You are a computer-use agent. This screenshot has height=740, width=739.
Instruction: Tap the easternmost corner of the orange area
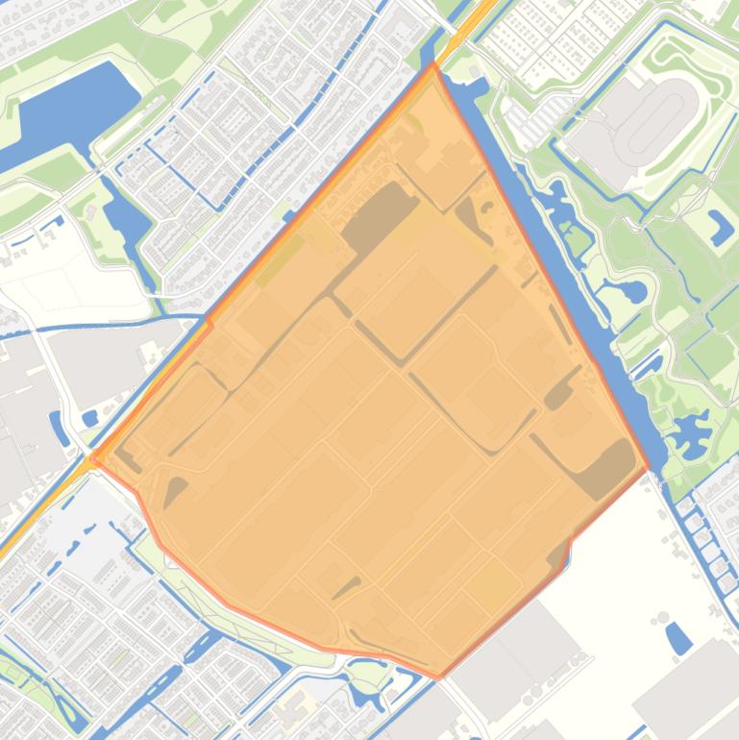coord(649,469)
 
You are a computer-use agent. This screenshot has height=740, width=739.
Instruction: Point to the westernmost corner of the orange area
coord(93,460)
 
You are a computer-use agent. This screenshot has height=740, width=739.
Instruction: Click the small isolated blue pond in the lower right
coord(677,637)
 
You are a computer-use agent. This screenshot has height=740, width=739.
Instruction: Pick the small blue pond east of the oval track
coord(719,226)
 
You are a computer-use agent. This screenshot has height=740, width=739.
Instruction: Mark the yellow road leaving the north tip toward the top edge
coord(466,24)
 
